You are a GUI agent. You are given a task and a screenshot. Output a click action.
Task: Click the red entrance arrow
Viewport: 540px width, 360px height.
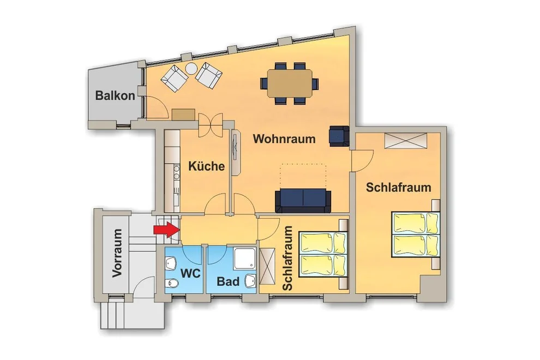point(166,230)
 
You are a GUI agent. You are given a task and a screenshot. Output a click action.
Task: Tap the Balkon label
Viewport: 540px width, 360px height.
point(115,95)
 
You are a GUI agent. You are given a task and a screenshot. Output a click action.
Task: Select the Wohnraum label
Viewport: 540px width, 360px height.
point(284,139)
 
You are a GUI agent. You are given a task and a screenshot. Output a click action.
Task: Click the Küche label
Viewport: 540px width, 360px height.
point(206,166)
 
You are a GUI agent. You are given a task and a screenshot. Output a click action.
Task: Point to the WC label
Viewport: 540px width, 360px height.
point(190,273)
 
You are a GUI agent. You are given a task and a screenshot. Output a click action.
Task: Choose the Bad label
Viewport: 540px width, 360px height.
point(228,281)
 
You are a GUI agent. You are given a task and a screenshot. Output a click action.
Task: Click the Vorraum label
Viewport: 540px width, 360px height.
point(117,253)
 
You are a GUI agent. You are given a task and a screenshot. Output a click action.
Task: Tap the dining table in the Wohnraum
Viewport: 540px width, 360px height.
point(290,83)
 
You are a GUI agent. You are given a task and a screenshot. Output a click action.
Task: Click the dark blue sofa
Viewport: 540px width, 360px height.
point(303,201)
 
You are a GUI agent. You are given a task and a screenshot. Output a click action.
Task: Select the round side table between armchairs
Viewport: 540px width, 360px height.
point(191,69)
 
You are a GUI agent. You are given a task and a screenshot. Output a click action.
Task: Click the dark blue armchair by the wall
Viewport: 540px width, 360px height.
point(339,136)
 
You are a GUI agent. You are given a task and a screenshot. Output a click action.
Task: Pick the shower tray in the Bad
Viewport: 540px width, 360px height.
point(244,259)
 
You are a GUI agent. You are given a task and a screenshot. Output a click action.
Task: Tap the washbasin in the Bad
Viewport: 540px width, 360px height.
point(250,281)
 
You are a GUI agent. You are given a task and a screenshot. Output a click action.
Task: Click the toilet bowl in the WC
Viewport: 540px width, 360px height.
point(171,284)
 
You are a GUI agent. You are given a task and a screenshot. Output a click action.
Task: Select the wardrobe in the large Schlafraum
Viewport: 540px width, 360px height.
point(406,141)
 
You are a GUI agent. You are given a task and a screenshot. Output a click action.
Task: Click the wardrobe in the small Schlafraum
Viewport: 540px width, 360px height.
point(268,266)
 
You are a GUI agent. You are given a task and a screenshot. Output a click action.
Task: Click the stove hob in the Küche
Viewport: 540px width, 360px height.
point(176,172)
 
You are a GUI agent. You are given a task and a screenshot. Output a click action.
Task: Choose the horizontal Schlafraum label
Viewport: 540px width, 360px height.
point(399,188)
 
